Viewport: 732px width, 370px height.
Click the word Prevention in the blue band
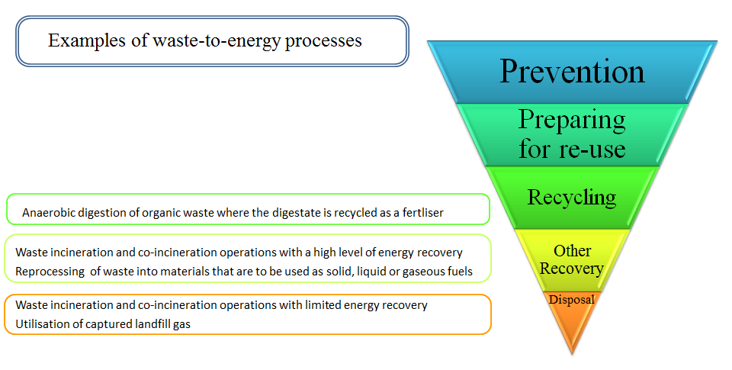pyautogui.click(x=572, y=72)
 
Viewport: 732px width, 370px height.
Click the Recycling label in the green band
pyautogui.click(x=572, y=198)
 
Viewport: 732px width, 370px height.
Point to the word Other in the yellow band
pyautogui.click(x=573, y=251)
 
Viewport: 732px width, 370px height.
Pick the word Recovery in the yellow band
pyautogui.click(x=572, y=269)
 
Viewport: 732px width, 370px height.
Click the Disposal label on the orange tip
pyautogui.click(x=572, y=300)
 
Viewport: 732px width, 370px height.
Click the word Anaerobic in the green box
pyautogui.click(x=49, y=213)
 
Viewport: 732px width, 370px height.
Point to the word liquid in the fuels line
pyautogui.click(x=371, y=272)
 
